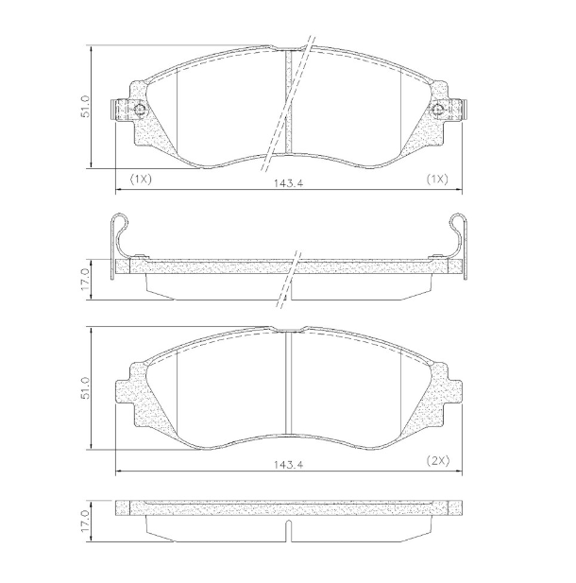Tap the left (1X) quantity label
(x=141, y=179)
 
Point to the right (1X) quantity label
(x=436, y=179)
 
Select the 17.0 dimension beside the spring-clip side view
(x=86, y=279)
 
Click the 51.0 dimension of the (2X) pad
(x=86, y=388)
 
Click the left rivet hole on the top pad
(x=139, y=111)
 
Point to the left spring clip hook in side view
(x=118, y=227)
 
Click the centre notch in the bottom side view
(x=289, y=533)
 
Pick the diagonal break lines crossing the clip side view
(x=289, y=279)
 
